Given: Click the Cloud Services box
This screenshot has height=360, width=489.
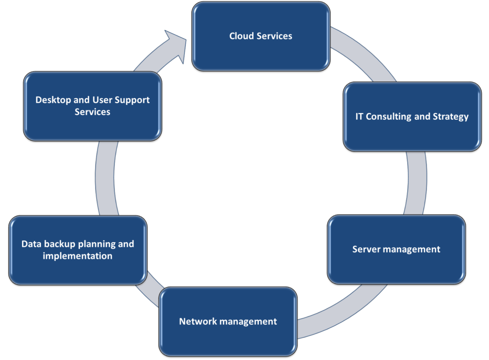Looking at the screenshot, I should coord(261,48).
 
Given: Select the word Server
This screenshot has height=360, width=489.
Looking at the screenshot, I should coord(366,249).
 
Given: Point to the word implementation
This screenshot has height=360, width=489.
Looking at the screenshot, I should coord(78,256).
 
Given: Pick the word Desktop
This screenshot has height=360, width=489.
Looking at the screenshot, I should coord(53,100).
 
